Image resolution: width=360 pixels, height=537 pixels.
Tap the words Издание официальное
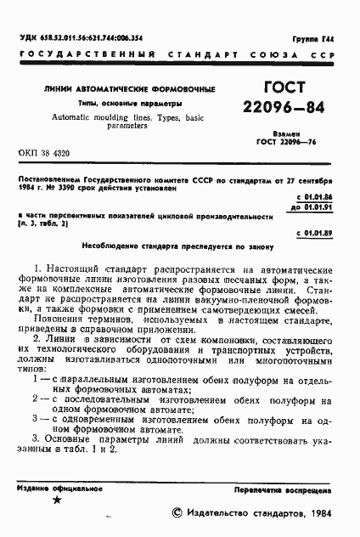(53, 490)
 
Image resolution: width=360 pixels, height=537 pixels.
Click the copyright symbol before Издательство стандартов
(177, 511)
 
